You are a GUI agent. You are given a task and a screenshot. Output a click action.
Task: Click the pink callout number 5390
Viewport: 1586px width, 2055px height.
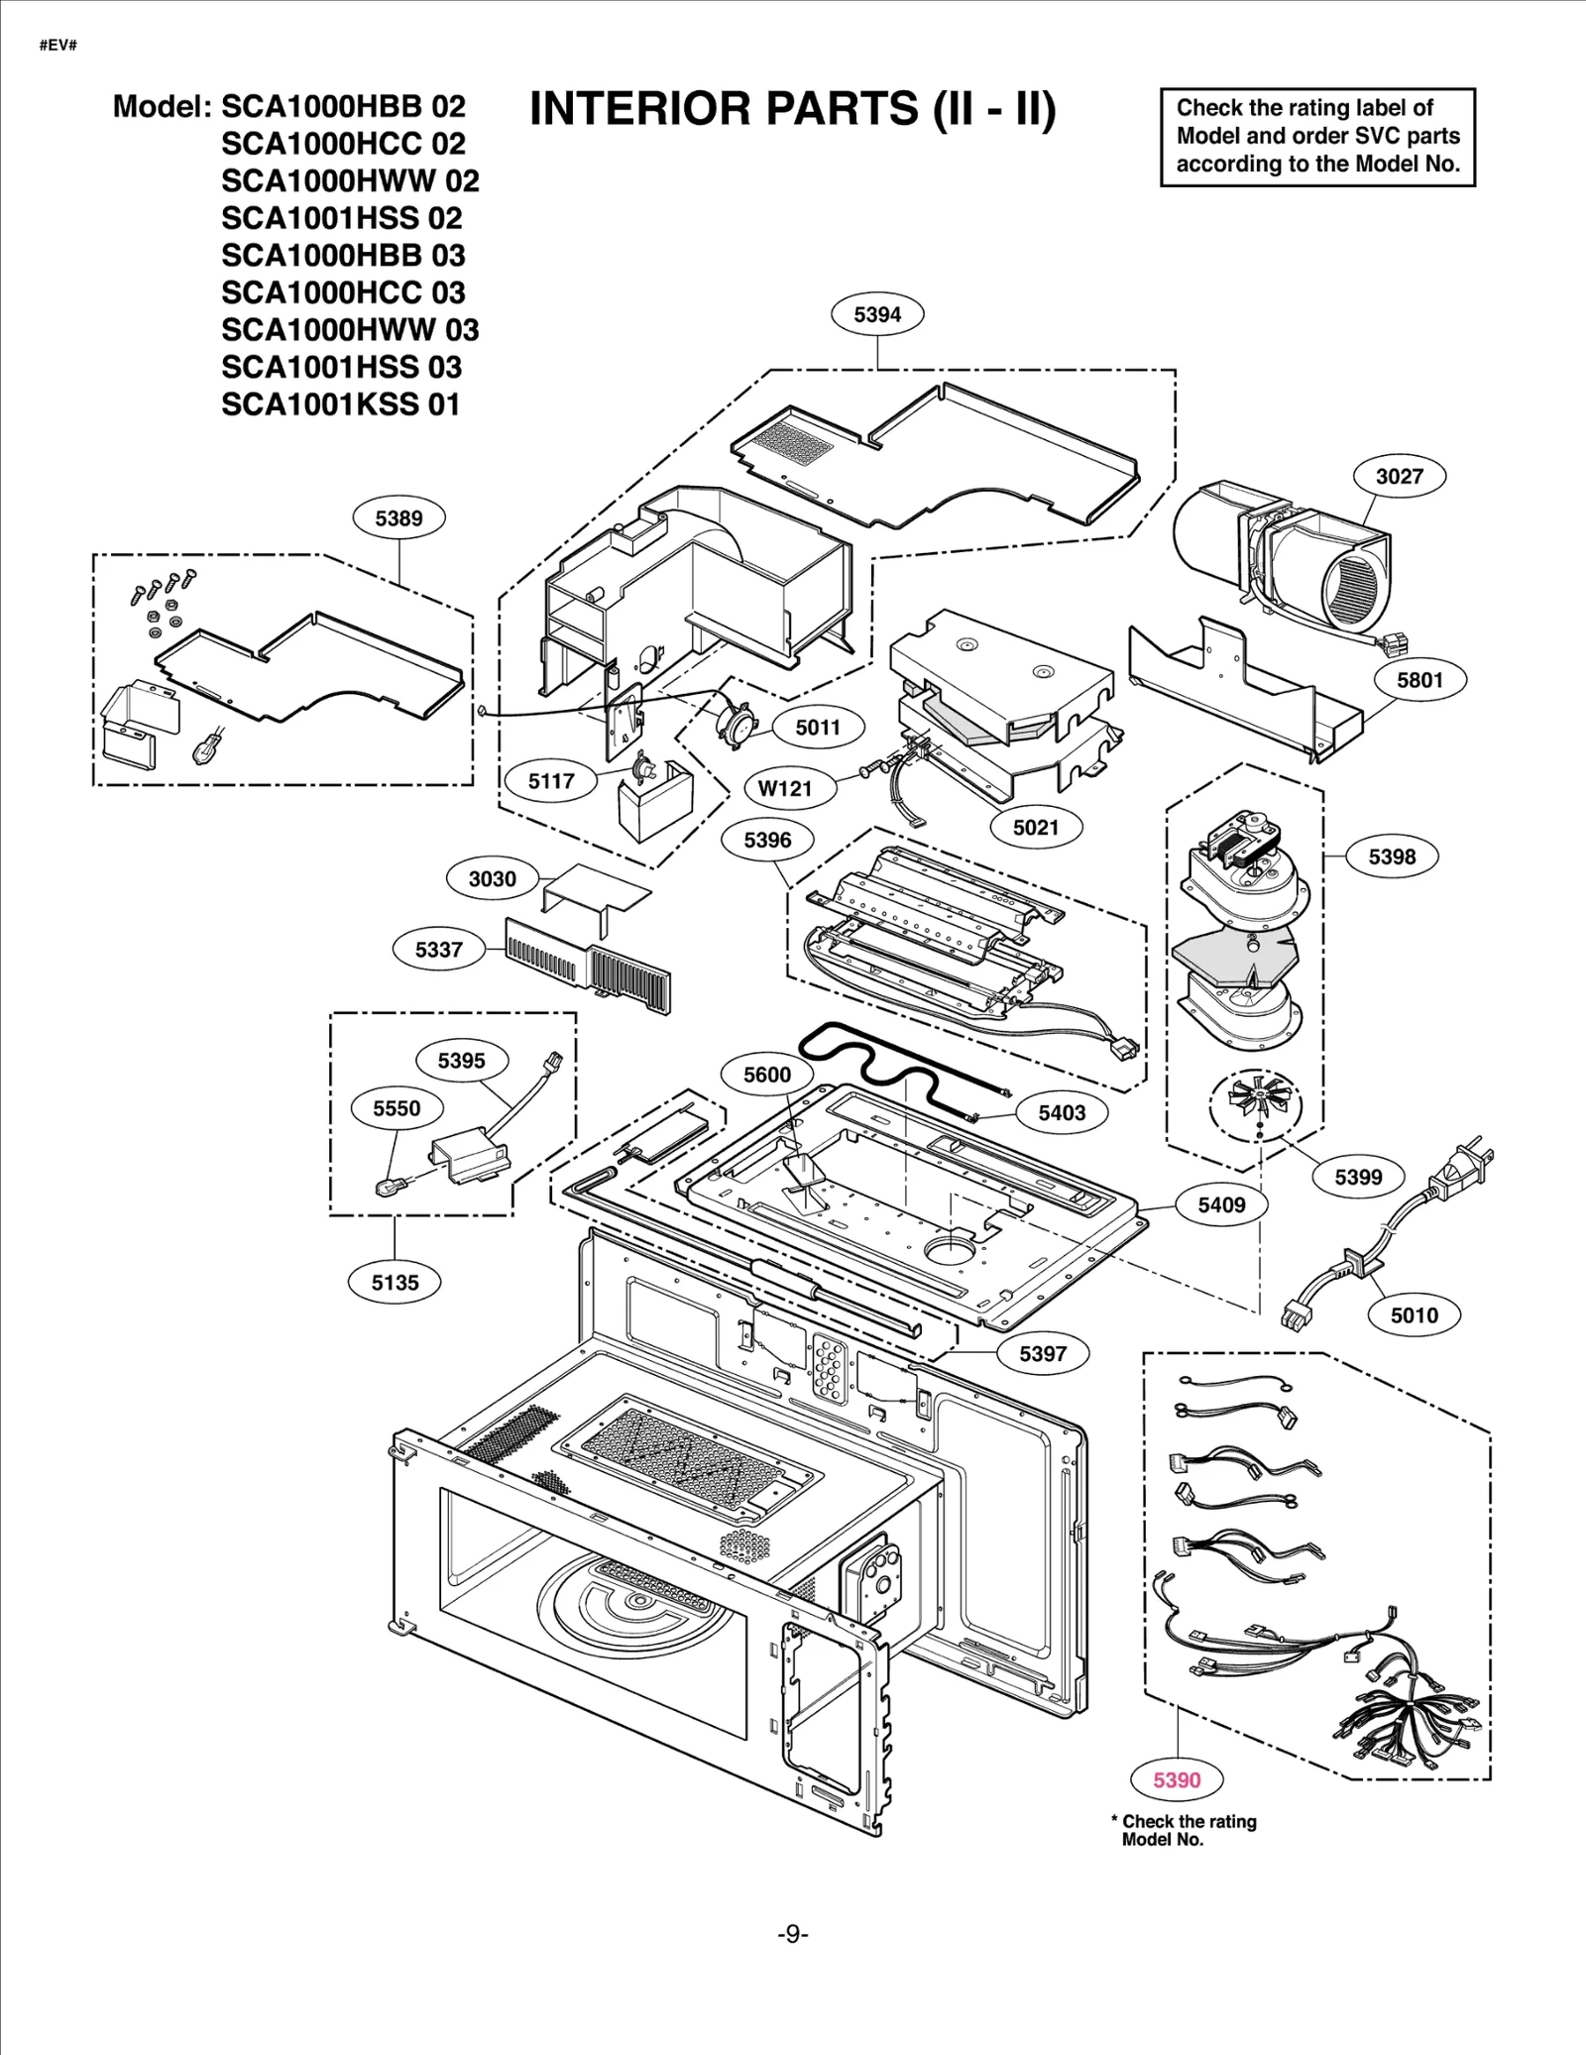(1177, 1779)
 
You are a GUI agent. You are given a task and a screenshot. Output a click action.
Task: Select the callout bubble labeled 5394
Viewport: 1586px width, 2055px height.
(877, 314)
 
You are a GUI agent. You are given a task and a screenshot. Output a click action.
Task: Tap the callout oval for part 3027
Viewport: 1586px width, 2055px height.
(1399, 476)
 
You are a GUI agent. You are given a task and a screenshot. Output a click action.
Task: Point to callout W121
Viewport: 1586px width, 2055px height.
(784, 788)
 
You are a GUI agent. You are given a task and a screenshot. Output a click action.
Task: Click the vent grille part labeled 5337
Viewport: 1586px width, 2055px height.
(591, 963)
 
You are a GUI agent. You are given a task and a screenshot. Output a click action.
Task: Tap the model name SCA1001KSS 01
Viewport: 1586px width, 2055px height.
(340, 404)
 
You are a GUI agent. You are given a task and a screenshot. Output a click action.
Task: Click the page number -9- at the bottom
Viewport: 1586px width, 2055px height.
(792, 1934)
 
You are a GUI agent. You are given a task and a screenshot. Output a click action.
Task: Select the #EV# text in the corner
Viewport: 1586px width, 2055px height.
(57, 46)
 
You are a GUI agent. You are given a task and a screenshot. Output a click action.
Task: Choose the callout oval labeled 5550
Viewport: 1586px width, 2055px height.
(396, 1108)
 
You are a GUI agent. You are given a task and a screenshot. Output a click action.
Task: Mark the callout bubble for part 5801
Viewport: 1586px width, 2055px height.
(1419, 680)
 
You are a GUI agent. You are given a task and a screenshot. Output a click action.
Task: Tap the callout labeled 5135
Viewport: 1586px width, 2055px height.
(395, 1282)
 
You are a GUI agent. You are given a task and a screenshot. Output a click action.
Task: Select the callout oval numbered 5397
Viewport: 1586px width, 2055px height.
(1043, 1353)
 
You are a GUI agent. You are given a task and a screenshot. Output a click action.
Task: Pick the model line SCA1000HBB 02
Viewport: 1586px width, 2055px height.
(342, 106)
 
